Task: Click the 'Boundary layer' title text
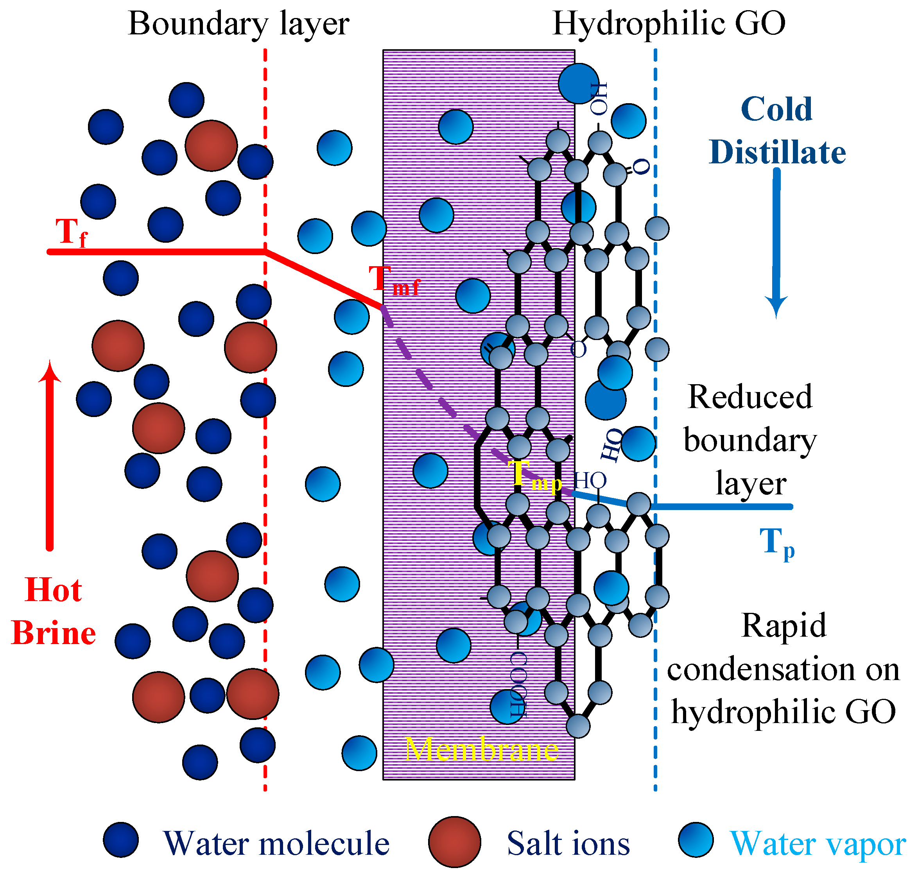[238, 23]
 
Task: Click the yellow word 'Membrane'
[482, 749]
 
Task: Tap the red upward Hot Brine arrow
[50, 454]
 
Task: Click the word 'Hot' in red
[54, 590]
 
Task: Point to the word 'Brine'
[54, 633]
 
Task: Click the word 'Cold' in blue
[776, 109]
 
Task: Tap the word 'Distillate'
[778, 152]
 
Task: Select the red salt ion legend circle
[454, 842]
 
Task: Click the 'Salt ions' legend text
[568, 843]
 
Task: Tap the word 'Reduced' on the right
[750, 397]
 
